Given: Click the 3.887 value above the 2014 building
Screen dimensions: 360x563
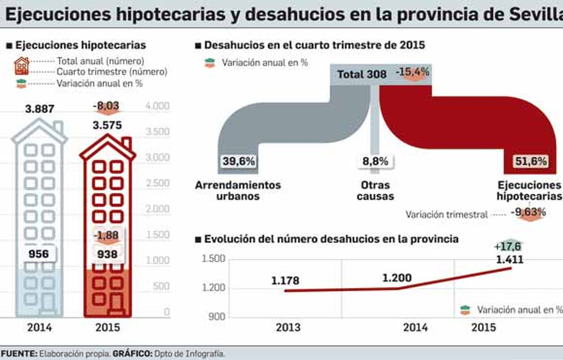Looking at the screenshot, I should click(x=39, y=109).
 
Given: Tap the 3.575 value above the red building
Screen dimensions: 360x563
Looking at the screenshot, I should click(x=107, y=125).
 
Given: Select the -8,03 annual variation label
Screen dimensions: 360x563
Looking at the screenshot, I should click(x=106, y=106).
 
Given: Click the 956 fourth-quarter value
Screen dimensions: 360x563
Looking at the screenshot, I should click(x=39, y=254).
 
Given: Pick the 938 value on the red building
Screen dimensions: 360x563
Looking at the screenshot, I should click(x=107, y=254).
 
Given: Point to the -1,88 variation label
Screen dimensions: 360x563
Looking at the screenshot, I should click(x=106, y=235).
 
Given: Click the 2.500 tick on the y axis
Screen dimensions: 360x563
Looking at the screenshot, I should click(x=158, y=183).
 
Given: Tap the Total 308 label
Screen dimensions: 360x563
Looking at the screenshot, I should click(x=362, y=74).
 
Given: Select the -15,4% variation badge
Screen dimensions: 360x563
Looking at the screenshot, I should click(x=412, y=72).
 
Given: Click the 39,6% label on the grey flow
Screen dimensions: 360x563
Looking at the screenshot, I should click(x=239, y=161).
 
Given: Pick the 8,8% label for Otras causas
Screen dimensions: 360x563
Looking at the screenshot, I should click(x=375, y=161).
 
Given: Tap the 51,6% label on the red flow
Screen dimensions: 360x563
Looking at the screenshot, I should click(x=531, y=161).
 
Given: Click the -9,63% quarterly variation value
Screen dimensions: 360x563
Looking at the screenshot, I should click(x=528, y=212).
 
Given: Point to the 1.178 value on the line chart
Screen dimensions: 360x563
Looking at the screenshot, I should click(x=285, y=280).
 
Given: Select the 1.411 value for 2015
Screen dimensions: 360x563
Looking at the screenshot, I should click(x=510, y=260).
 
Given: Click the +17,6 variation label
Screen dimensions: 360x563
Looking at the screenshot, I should click(x=507, y=246).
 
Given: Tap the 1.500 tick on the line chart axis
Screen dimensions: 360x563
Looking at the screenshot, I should click(x=213, y=258).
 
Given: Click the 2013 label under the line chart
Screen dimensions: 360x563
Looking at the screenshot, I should click(x=288, y=327).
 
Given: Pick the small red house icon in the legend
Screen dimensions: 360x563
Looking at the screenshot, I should click(x=21, y=66).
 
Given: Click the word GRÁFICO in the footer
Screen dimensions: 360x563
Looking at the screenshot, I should click(x=132, y=354).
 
